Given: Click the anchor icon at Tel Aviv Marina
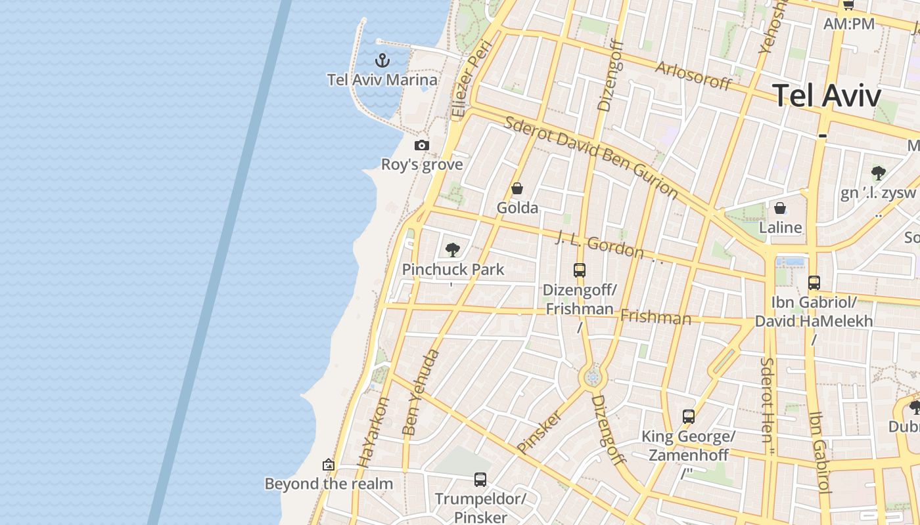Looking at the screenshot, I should click(x=382, y=61).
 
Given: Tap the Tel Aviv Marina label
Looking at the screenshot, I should click(x=382, y=80).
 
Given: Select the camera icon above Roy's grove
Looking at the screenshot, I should click(x=422, y=145).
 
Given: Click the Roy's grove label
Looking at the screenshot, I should click(x=422, y=164).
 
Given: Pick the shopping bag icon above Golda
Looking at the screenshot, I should click(x=517, y=189).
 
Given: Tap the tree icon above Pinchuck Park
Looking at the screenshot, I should click(x=452, y=249).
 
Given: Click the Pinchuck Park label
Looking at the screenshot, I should click(x=453, y=269).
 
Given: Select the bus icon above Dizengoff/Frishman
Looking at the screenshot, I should click(x=579, y=270).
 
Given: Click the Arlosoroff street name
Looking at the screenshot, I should click(x=693, y=75).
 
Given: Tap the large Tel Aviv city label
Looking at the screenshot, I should click(x=826, y=96).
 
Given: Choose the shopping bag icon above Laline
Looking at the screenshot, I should click(x=780, y=209).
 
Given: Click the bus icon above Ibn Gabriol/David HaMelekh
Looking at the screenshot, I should click(x=814, y=283).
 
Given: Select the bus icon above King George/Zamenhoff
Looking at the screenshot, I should click(x=688, y=417).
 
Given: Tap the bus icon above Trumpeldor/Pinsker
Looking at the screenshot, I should click(x=480, y=480).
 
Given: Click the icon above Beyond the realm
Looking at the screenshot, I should click(x=329, y=465).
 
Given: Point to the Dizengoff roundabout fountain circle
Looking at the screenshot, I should click(x=593, y=377).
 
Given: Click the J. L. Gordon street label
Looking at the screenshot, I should click(x=599, y=244).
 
